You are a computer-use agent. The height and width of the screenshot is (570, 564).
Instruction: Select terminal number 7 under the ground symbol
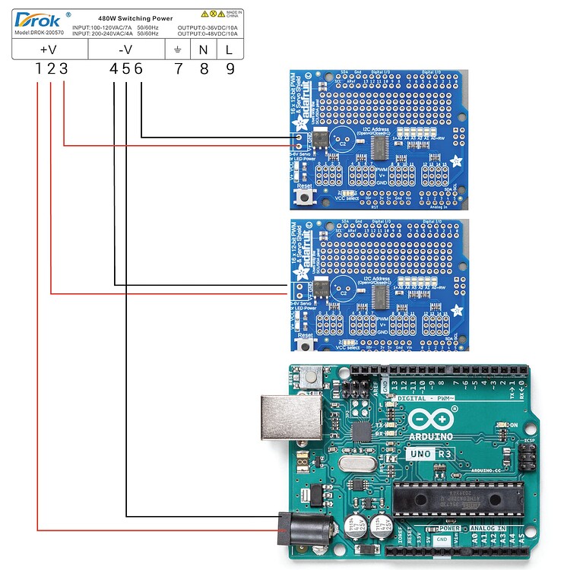178,68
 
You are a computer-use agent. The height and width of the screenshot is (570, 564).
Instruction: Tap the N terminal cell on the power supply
204,49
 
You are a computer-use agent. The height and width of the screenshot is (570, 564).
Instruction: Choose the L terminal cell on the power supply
230,49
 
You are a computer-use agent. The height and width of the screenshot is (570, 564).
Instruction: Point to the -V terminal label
126,49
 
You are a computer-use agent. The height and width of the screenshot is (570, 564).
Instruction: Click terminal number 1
38,68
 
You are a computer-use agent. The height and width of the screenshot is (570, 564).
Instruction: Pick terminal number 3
63,68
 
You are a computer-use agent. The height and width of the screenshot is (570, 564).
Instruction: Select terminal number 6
138,68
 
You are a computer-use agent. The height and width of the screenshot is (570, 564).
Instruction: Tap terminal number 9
230,68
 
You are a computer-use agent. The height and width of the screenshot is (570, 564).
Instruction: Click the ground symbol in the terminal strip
178,49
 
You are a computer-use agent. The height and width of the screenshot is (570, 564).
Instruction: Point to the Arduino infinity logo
433,419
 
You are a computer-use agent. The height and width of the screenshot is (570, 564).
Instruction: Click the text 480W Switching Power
134,16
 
